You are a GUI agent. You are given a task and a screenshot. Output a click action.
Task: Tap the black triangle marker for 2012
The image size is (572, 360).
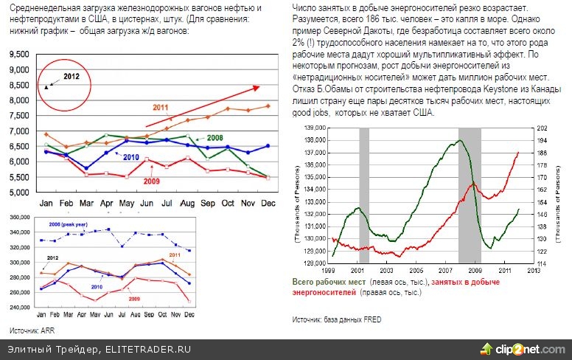(x=47, y=86)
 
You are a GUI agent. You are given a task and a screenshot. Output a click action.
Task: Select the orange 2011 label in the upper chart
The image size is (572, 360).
(x=161, y=108)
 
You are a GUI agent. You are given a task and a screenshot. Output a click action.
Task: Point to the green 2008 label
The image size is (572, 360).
(x=215, y=138)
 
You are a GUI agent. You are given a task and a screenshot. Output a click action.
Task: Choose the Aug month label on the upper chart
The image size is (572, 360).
(x=187, y=203)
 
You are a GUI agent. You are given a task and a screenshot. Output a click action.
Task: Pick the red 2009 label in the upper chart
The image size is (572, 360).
(x=151, y=181)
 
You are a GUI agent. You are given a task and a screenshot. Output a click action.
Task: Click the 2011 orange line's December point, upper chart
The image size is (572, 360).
(x=268, y=106)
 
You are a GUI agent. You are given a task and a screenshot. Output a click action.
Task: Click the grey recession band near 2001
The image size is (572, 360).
(x=364, y=192)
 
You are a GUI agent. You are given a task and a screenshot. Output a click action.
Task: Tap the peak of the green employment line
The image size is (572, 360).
(x=461, y=140)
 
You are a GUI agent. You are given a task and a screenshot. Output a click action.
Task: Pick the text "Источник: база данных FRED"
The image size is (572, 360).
(x=337, y=319)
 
